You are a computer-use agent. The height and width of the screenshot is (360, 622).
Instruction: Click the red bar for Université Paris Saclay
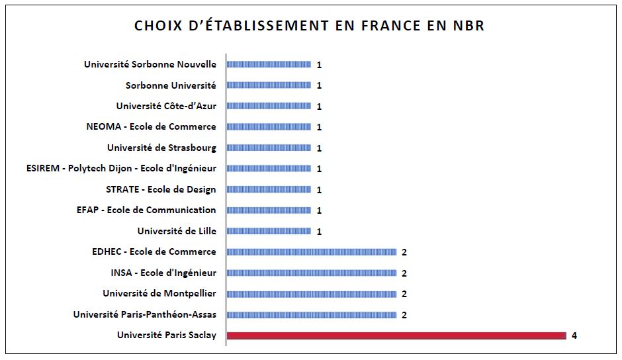[x=396, y=336]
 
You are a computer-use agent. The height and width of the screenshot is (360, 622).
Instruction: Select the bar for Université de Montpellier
[x=312, y=294]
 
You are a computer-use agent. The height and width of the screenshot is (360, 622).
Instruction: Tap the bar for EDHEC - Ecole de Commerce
[x=312, y=252]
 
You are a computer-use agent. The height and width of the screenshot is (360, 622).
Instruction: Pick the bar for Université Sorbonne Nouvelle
[x=269, y=64]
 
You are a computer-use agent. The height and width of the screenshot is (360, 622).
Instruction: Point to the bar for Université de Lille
[x=269, y=231]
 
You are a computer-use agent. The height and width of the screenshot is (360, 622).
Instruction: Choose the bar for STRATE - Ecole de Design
[x=269, y=189]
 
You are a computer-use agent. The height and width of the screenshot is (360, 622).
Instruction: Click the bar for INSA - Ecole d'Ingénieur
[x=312, y=273]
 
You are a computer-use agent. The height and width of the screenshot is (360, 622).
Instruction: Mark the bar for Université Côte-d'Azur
[x=269, y=106]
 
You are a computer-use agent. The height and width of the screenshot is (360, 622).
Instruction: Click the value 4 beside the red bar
[x=574, y=336]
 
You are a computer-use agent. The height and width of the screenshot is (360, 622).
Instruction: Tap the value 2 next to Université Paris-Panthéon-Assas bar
[x=404, y=315]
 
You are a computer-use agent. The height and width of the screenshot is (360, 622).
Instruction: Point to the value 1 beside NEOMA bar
[x=319, y=127]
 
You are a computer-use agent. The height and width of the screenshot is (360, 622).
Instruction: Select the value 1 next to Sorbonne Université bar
[x=319, y=85]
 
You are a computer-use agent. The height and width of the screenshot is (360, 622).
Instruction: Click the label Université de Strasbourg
[x=162, y=148]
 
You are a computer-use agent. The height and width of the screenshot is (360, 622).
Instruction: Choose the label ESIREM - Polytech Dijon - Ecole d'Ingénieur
[x=121, y=169]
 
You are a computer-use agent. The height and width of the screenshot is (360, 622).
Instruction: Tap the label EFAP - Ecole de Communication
[x=146, y=210]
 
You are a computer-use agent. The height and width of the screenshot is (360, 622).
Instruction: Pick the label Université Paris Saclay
[x=167, y=336]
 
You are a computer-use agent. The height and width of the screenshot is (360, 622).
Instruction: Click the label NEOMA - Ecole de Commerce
[x=151, y=126]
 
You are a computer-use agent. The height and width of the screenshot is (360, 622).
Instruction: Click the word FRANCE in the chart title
[x=390, y=26]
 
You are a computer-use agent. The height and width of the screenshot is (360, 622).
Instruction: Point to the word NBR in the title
[x=468, y=26]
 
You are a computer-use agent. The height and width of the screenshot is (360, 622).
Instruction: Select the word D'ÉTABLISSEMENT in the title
[x=253, y=25]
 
